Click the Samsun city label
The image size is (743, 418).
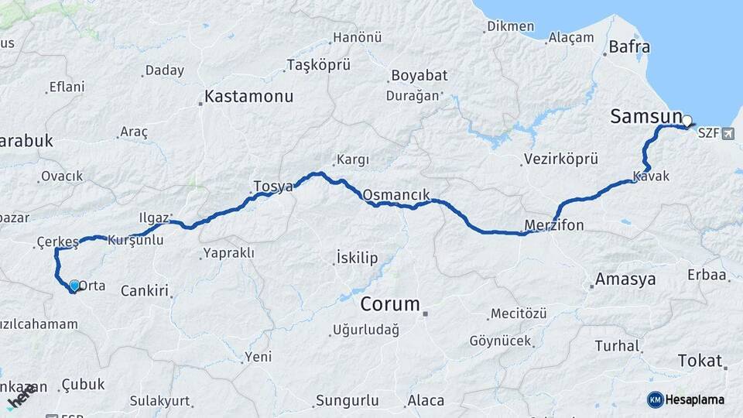point(645,117)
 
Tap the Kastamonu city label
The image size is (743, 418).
point(249,98)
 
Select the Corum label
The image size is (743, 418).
point(390,303)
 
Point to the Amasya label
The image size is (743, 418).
point(625,279)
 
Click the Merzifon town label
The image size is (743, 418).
point(554,225)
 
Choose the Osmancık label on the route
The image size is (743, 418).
point(395,194)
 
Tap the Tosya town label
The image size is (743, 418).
point(273,187)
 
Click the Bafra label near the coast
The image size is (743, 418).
point(629,47)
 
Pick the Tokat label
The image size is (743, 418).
point(700,361)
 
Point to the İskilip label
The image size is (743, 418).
point(357,257)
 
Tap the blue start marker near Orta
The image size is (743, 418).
point(74,286)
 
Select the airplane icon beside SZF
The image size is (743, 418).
point(727,134)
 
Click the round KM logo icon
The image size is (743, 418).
point(655,399)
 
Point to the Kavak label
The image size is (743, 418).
point(651,176)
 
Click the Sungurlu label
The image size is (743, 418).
point(347,400)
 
